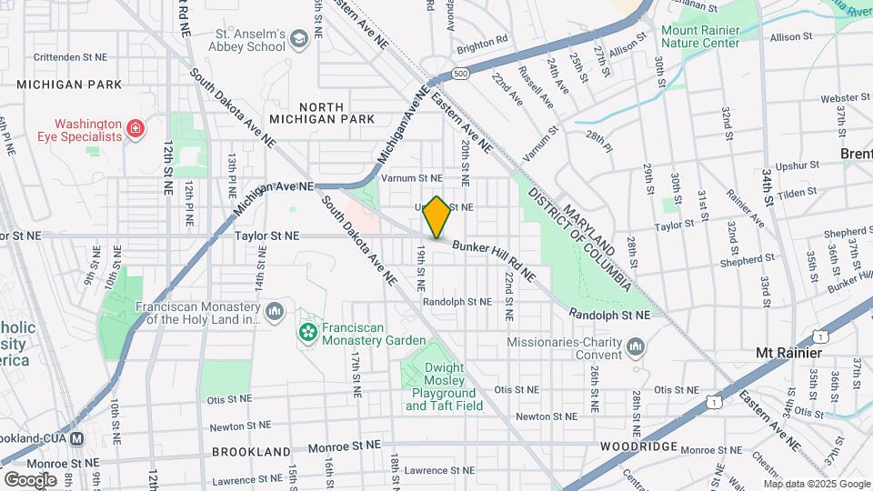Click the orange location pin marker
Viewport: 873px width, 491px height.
436,217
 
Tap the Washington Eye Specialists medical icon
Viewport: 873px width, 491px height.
135,130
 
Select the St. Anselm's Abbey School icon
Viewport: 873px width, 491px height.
299,40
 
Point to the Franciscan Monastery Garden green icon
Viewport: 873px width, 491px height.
308,333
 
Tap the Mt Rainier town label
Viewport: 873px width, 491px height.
788,352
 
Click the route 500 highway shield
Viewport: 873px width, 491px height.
461,73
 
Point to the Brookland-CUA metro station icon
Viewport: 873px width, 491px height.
77,437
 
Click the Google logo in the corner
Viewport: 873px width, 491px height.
29,479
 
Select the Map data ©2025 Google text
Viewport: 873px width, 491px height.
817,484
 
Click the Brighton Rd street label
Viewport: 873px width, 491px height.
482,42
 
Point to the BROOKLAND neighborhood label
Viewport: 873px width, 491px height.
251,451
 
